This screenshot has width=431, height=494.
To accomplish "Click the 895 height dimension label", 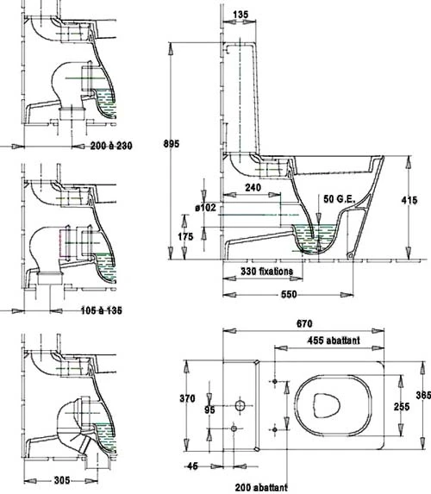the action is pyautogui.click(x=171, y=144).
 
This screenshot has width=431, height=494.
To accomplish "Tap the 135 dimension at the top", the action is pyautogui.click(x=240, y=15).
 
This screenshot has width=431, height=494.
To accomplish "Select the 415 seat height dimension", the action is pyautogui.click(x=409, y=200).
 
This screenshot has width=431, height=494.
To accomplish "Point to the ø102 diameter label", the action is pyautogui.click(x=205, y=208).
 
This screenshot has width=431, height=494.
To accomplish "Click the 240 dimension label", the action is pyautogui.click(x=253, y=188).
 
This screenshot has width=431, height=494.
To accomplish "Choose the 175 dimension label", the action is pyautogui.click(x=185, y=236).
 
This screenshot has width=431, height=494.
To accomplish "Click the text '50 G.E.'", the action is pyautogui.click(x=339, y=199).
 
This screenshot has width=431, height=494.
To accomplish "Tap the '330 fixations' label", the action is pyautogui.click(x=266, y=272).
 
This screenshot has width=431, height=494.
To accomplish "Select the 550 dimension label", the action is pyautogui.click(x=289, y=294).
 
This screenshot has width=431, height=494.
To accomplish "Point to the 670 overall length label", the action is pyautogui.click(x=304, y=323).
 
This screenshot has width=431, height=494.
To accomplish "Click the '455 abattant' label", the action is pyautogui.click(x=334, y=341).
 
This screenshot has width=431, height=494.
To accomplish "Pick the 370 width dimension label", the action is pyautogui.click(x=187, y=398).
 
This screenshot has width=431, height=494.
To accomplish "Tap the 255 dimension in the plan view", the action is pyautogui.click(x=402, y=406).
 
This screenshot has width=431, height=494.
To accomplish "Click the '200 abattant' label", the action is pyautogui.click(x=261, y=487).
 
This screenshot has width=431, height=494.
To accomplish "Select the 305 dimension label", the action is pyautogui.click(x=62, y=480).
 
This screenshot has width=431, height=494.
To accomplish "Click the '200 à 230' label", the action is pyautogui.click(x=111, y=146).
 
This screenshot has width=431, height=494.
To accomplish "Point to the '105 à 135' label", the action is pyautogui.click(x=102, y=310).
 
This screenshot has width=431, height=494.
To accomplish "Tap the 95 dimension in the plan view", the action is pyautogui.click(x=209, y=410).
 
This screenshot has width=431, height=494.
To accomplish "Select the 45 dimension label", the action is pyautogui.click(x=192, y=466).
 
